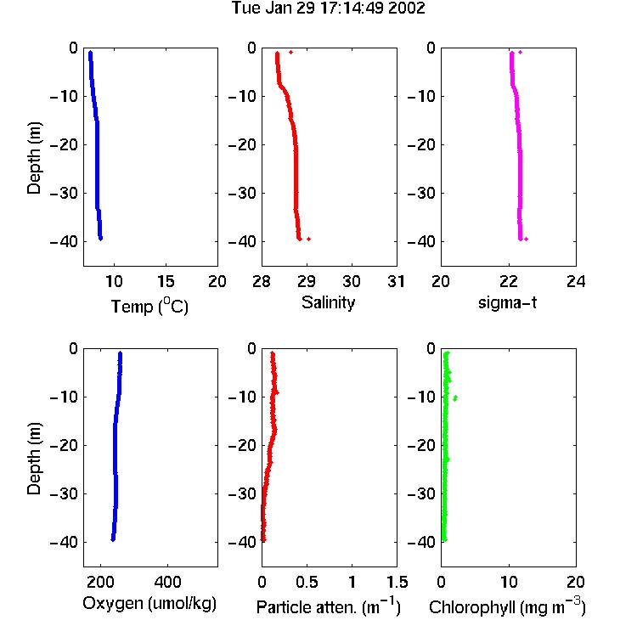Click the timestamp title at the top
[328, 8]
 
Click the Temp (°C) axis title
[149, 306]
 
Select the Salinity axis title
[328, 302]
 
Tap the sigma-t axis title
[507, 302]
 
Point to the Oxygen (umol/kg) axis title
[149, 603]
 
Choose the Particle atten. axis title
[328, 606]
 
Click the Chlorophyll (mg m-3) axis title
[507, 606]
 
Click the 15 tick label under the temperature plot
[166, 281]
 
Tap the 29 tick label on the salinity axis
[307, 281]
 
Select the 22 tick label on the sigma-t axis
[509, 281]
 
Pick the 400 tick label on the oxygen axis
[167, 582]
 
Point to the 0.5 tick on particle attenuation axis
[307, 582]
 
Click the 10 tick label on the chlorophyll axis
[509, 582]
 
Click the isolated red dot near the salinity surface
[290, 52]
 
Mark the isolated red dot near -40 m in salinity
[309, 239]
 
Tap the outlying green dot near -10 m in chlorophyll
[455, 398]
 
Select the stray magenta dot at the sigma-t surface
[520, 52]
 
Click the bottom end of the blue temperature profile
[100, 239]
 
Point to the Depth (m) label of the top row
[34, 158]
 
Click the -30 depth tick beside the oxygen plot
[64, 493]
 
